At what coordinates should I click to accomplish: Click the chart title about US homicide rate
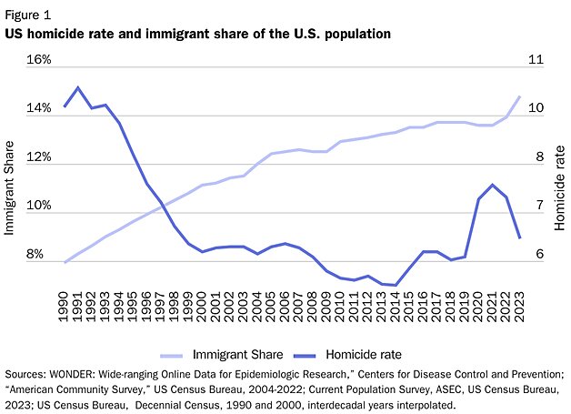click(197, 34)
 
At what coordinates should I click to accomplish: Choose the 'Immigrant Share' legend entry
click(234, 354)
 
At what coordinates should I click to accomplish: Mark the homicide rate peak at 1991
click(78, 87)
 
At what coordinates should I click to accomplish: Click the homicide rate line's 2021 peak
click(492, 185)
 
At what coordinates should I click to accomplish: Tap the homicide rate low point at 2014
click(396, 285)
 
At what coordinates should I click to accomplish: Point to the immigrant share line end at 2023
click(519, 96)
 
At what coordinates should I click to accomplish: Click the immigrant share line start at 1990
click(65, 262)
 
